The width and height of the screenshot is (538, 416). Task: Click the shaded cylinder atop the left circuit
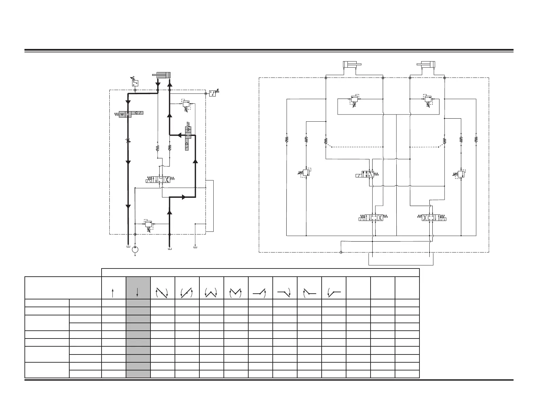pos(161,75)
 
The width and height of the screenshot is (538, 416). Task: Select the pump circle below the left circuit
pos(135,250)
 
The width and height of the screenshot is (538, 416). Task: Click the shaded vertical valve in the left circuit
pos(188,138)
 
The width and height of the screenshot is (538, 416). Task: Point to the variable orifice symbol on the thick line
pos(128,141)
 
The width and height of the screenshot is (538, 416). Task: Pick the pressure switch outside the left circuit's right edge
pos(213,93)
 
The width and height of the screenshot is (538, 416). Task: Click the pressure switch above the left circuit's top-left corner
pos(135,83)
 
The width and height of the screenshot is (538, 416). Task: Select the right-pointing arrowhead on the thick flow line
pos(184,197)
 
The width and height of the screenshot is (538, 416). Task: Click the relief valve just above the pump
pos(148,224)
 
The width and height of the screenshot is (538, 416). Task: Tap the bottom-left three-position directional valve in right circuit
pos(373,218)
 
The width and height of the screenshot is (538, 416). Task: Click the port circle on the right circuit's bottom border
pos(341,252)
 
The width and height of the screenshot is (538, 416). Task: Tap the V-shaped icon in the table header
pos(212,293)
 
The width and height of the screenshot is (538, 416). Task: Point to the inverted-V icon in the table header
pos(236,293)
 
